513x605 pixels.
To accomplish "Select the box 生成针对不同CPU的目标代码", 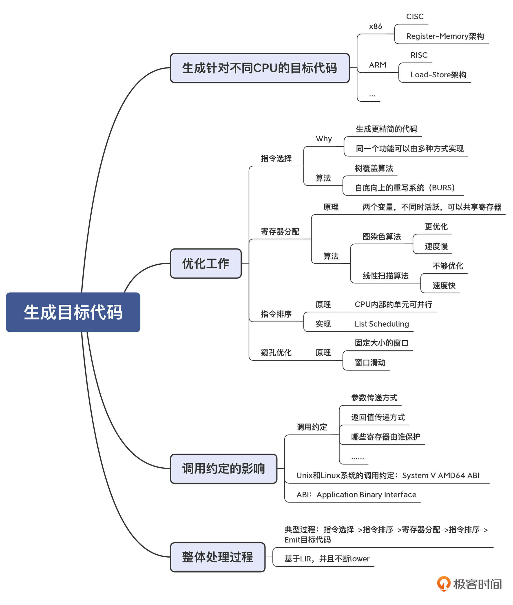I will (x=259, y=68).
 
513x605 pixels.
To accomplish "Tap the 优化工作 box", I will (x=206, y=263).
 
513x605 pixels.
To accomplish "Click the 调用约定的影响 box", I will (x=223, y=469).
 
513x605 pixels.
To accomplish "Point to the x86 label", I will (x=376, y=27).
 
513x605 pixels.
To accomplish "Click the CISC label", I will (x=415, y=17).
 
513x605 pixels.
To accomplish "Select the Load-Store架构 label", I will (x=438, y=75).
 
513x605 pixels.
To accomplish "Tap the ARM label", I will (x=378, y=65).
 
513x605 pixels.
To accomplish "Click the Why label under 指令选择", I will (x=324, y=138).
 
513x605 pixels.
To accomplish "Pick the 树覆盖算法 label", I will (x=374, y=168).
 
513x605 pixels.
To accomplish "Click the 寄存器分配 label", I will (x=280, y=232).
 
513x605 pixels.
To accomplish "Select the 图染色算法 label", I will (x=382, y=237).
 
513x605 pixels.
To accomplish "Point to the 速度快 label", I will (x=444, y=286).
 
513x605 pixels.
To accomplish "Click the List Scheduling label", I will (x=382, y=324).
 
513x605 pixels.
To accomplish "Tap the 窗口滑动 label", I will (x=370, y=362).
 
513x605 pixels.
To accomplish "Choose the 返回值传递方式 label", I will (x=378, y=417).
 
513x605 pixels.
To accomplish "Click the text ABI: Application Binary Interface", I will (x=356, y=495).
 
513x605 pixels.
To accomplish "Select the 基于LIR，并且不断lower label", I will (x=327, y=559).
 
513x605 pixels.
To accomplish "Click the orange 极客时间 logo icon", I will (x=444, y=584).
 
